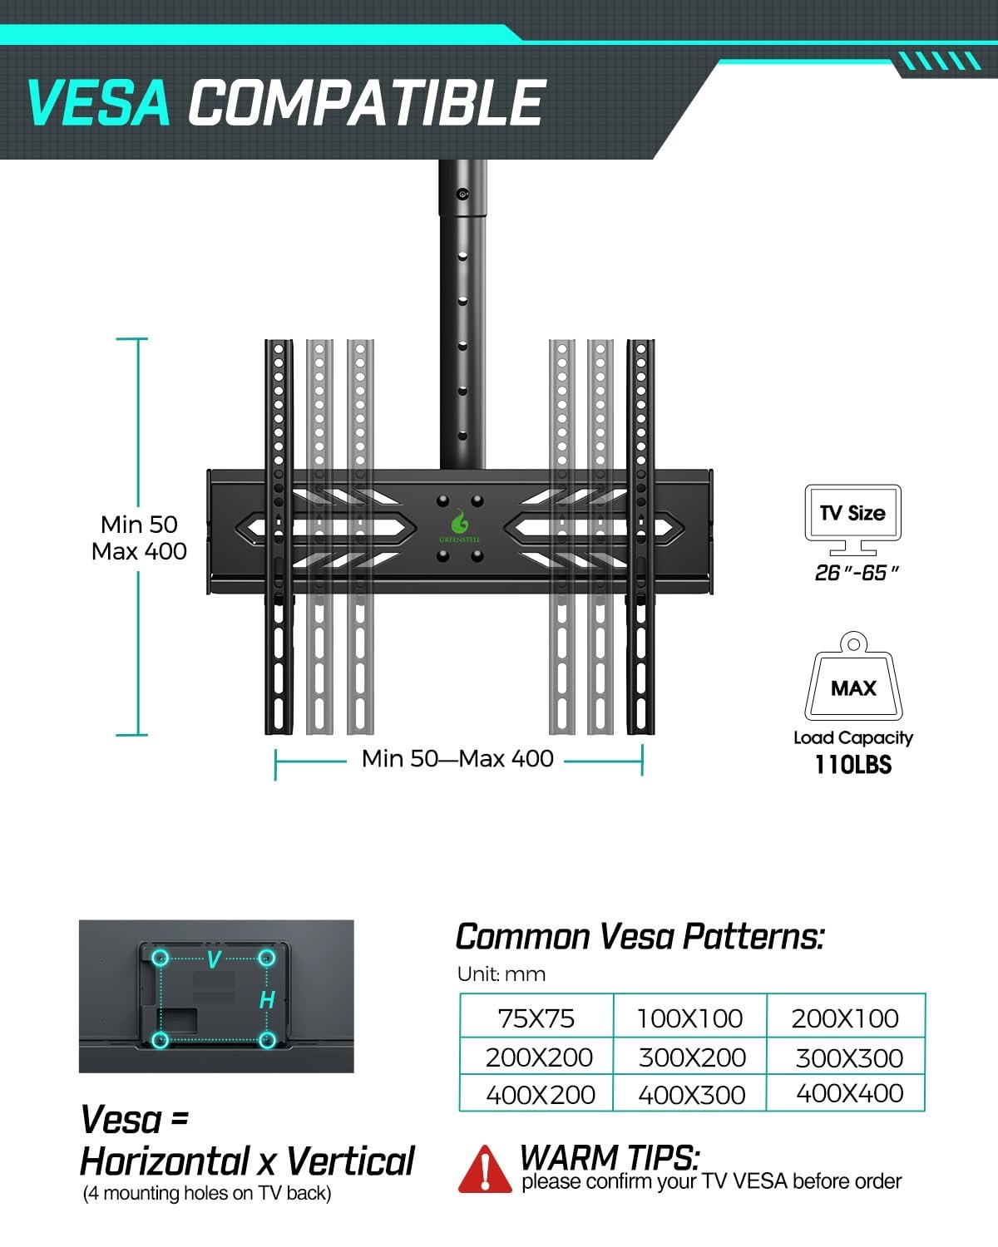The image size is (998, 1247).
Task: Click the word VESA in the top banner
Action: coord(98,103)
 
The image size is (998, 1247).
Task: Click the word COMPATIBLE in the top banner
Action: coord(366,103)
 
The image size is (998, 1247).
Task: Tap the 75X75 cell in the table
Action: coord(536,1018)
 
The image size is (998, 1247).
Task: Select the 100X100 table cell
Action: coord(689,1018)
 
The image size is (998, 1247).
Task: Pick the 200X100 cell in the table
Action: coord(845,1018)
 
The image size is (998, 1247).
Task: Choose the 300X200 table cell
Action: coord(692,1057)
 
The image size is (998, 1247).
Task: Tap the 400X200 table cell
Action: coord(540,1095)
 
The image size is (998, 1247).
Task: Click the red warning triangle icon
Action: coord(484,1170)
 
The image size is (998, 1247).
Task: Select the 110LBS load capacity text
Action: coord(852,765)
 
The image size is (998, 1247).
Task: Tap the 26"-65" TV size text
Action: coord(857,573)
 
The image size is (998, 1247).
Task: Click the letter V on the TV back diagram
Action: coord(214,960)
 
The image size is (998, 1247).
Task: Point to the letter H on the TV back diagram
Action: coord(267,999)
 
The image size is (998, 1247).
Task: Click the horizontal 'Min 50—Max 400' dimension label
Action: coord(457,759)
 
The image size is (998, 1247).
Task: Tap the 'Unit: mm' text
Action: coord(501,974)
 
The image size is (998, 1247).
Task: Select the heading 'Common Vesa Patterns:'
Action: coord(640,937)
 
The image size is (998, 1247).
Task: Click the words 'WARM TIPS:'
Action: coord(610,1156)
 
